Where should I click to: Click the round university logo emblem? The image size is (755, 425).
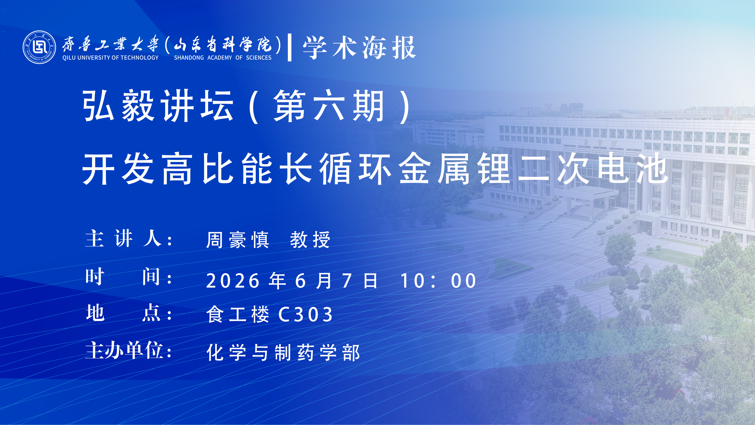coord(39,47)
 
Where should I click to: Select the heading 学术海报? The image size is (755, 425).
coord(359,47)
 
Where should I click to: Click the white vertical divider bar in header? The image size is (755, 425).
coord(289,47)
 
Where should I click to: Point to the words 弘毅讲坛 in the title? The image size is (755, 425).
coord(158,106)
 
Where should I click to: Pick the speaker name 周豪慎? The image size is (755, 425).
coord(237,240)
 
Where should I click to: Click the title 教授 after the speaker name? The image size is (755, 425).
coord(310,240)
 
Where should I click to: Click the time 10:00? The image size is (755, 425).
coord(438,281)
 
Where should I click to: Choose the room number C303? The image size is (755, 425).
coord(305,315)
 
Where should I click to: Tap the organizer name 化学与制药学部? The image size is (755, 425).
coord(283,353)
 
